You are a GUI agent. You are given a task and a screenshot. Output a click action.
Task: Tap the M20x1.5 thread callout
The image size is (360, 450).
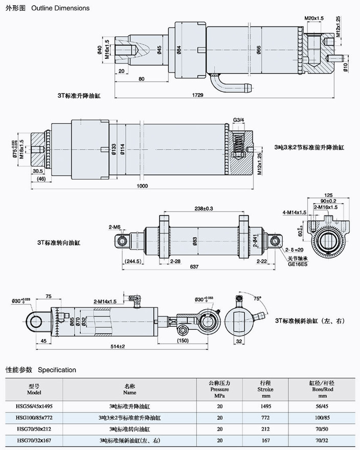click(x=314, y=18)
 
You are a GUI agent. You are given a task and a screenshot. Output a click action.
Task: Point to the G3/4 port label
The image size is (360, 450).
click(x=238, y=120)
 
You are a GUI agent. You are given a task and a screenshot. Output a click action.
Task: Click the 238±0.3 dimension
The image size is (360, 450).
click(x=204, y=208)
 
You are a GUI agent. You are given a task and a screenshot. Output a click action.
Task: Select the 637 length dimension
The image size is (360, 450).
click(x=193, y=266)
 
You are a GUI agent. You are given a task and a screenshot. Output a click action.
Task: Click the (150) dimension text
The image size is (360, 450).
click(x=182, y=340)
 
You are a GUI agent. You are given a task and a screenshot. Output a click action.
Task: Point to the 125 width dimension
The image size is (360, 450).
click(x=329, y=195)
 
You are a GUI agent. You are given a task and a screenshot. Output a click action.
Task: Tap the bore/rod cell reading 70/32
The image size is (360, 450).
click(x=322, y=440)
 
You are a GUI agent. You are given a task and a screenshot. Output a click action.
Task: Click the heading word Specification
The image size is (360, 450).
click(x=57, y=370)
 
